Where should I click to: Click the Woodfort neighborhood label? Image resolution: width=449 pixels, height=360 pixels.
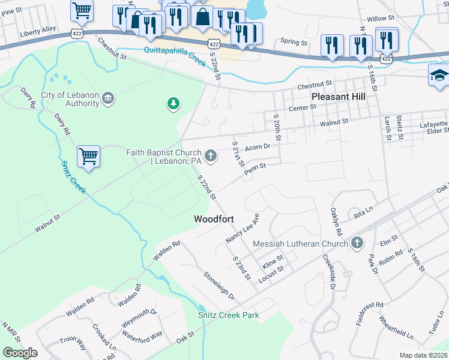pyautogui.click(x=213, y=220)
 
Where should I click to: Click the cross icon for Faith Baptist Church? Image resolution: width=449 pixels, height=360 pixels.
pyautogui.click(x=210, y=156)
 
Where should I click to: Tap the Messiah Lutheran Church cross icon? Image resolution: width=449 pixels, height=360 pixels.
pyautogui.click(x=357, y=243)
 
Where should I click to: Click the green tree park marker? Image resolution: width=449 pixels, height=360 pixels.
pyautogui.click(x=173, y=104)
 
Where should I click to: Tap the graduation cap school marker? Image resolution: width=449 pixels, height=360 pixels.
pyautogui.click(x=439, y=76)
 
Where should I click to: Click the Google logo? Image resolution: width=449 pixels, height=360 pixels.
pyautogui.click(x=20, y=353)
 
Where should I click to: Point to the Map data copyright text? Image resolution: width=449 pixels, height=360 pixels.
pyautogui.click(x=424, y=355)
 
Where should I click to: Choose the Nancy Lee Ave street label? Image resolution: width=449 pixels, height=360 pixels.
pyautogui.click(x=243, y=229)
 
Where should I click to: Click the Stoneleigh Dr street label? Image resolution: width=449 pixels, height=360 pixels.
pyautogui.click(x=219, y=287)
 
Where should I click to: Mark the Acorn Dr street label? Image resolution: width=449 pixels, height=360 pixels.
pyautogui.click(x=259, y=147)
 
